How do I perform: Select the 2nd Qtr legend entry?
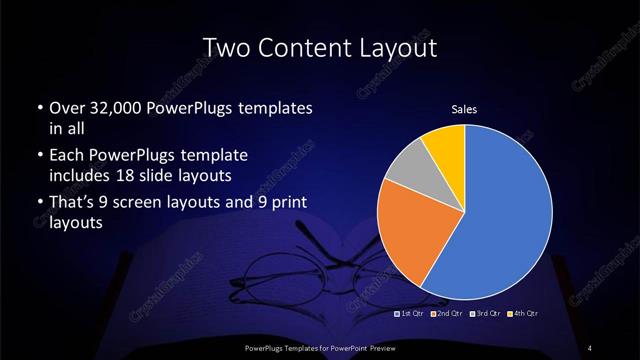(x=446, y=314)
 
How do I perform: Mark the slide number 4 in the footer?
(x=592, y=346)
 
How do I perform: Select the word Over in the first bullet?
(x=66, y=109)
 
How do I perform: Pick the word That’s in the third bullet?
(x=74, y=205)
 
